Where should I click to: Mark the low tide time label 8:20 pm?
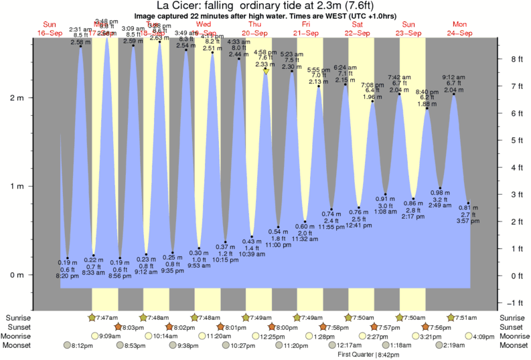coord(67,275)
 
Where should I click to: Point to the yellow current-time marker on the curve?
coord(266,70)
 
